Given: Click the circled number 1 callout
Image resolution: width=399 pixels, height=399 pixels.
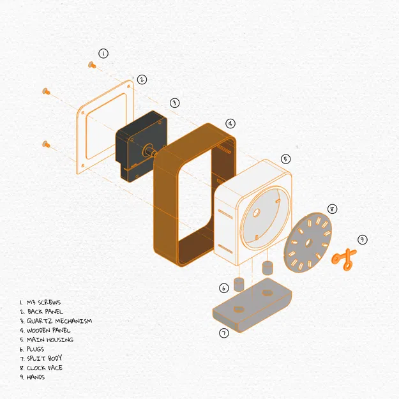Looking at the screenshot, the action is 103,54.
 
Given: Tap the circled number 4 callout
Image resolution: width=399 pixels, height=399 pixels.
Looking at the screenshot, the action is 230,124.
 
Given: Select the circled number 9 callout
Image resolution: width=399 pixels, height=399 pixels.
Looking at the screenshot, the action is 363,239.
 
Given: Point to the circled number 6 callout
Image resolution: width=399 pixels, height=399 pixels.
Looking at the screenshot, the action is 224,288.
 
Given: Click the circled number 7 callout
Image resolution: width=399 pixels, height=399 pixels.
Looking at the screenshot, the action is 224,333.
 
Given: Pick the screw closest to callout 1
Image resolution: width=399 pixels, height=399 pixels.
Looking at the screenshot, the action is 92,65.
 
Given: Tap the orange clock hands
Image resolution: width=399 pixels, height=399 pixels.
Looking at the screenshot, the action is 344,259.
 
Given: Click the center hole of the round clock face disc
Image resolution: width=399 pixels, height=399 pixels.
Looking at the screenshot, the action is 308,243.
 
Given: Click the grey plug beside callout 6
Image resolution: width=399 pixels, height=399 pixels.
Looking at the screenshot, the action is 239,285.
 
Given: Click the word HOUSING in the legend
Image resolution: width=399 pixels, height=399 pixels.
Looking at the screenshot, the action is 60,340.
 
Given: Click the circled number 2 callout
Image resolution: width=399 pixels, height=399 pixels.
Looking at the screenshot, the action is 142,80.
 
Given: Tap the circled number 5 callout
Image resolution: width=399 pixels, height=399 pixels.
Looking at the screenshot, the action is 286,159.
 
